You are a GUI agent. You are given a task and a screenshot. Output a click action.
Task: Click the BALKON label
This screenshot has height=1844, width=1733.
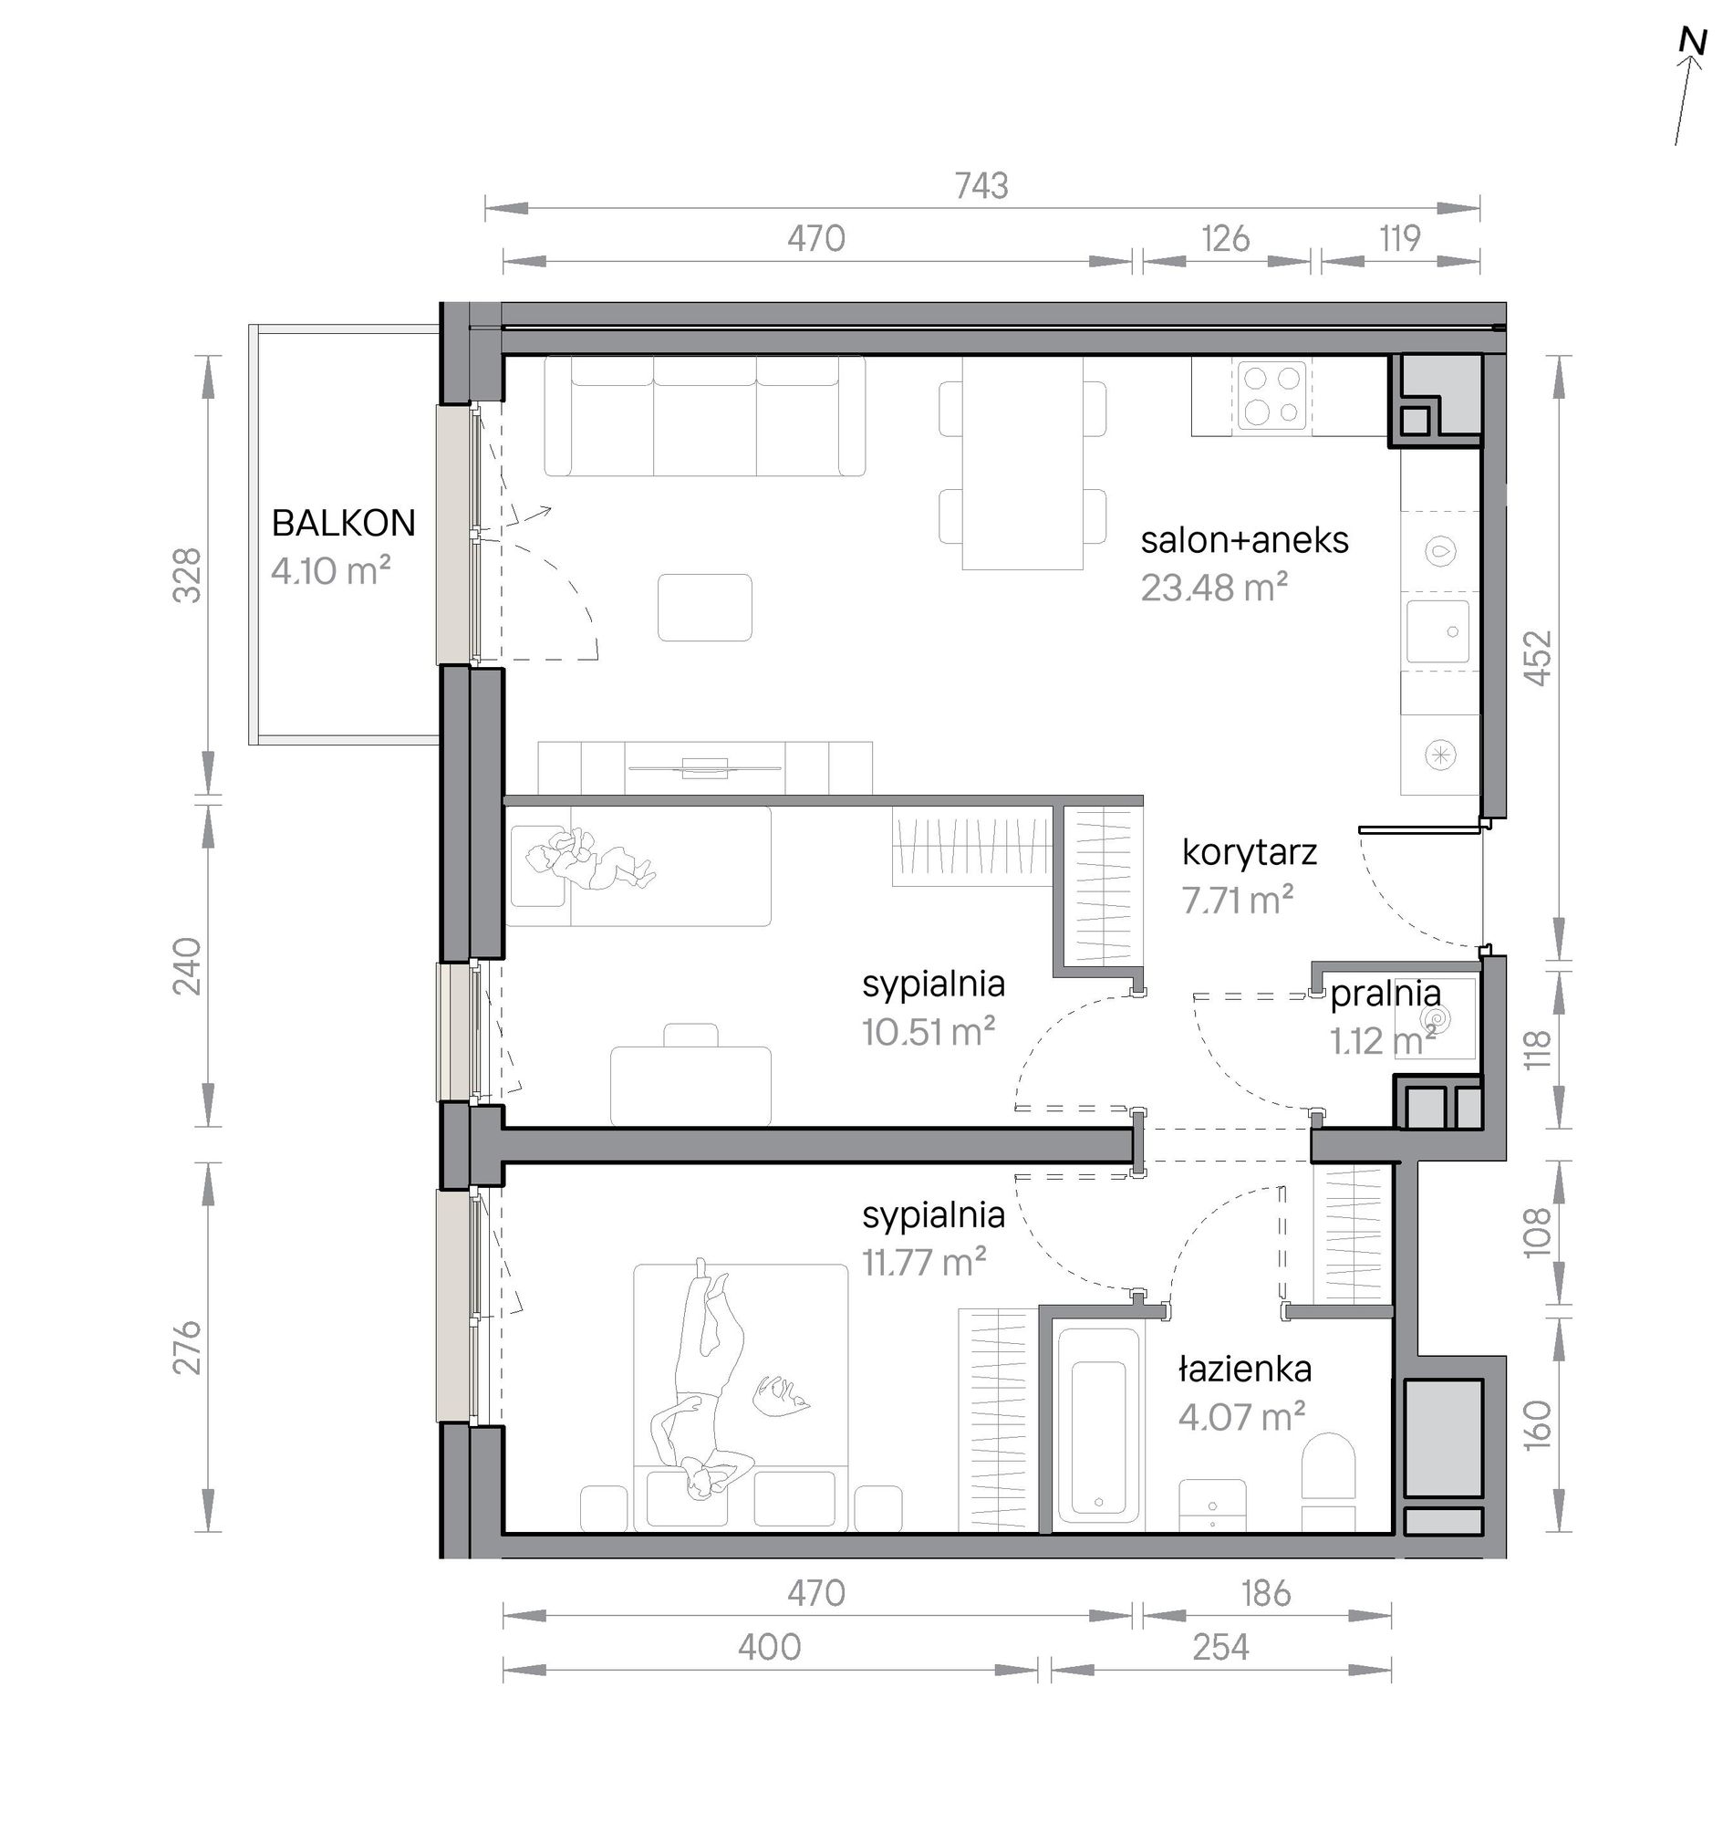click(x=343, y=524)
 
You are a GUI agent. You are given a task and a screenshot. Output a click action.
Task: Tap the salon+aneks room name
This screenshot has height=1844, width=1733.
click(x=1244, y=540)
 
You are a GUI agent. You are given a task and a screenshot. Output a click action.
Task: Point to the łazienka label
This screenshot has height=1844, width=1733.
click(x=1244, y=1370)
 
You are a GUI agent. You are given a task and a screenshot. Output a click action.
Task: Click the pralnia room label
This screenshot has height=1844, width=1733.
click(x=1385, y=995)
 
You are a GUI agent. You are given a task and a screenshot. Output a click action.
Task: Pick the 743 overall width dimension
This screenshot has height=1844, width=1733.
click(x=981, y=186)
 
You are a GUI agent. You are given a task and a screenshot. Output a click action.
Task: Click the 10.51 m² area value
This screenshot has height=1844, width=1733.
click(x=929, y=1031)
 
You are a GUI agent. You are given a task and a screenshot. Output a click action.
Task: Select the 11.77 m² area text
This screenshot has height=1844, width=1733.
click(x=925, y=1263)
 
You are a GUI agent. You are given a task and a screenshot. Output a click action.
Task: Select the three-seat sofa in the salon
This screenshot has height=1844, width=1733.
click(x=705, y=415)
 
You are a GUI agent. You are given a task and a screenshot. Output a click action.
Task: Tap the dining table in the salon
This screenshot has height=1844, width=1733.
click(x=1022, y=463)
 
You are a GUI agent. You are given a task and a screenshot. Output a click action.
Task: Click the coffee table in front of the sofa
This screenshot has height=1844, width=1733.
click(x=705, y=608)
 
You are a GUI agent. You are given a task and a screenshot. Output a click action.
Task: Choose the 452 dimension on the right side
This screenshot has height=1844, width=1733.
click(x=1538, y=659)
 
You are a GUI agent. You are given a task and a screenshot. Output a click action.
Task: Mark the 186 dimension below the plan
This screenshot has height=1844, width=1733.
click(x=1266, y=1594)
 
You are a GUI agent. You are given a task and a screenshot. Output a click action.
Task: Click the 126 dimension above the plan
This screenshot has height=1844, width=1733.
click(x=1226, y=239)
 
